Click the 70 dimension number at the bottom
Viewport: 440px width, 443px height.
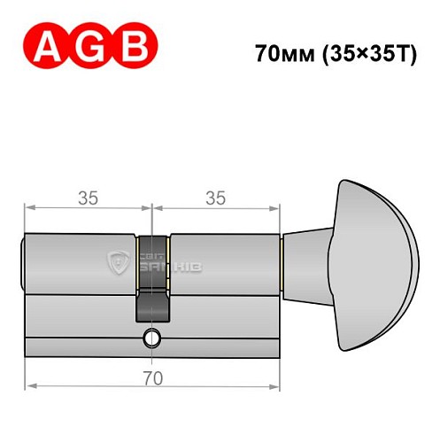pos(151,377)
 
